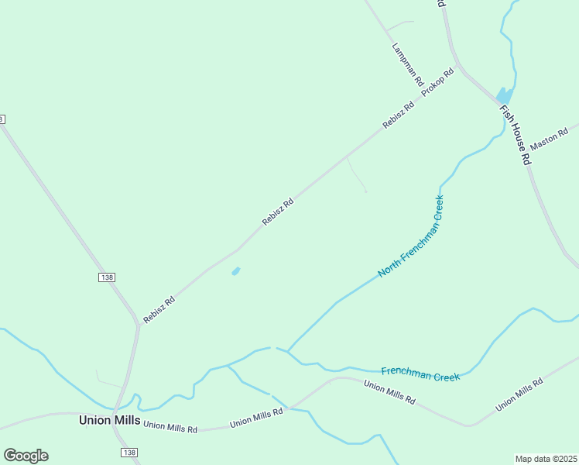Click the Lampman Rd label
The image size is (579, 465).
pyautogui.click(x=407, y=64)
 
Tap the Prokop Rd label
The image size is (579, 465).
pyautogui.click(x=437, y=82)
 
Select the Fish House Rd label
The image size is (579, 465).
pyautogui.click(x=515, y=135)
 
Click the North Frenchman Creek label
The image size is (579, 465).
pyautogui.click(x=411, y=236)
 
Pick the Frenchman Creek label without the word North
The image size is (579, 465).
pyautogui.click(x=421, y=375)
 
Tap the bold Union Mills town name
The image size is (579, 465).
pyautogui.click(x=109, y=420)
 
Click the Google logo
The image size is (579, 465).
pyautogui.click(x=26, y=456)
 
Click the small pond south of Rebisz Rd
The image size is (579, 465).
pyautogui.click(x=235, y=271)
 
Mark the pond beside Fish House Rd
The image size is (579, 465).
pyautogui.click(x=502, y=95)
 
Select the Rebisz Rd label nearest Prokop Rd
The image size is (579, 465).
pyautogui.click(x=399, y=115)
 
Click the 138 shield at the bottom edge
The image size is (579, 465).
pyautogui.click(x=129, y=453)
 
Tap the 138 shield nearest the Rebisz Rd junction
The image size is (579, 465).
pyautogui.click(x=107, y=277)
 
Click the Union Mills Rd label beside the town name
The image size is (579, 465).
pyautogui.click(x=170, y=426)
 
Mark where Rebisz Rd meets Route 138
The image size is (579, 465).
pyautogui.click(x=139, y=325)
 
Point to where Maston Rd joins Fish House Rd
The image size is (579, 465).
pyautogui.click(x=528, y=150)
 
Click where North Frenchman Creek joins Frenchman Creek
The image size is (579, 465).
pyautogui.click(x=288, y=351)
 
